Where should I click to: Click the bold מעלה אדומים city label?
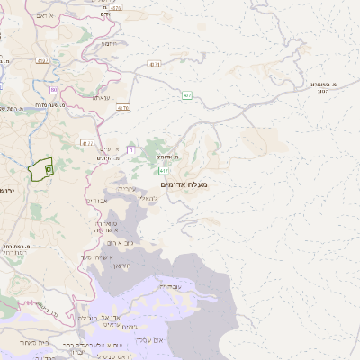pos(184,184)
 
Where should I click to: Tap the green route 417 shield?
pos(163,171)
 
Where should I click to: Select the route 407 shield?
pos(187,95)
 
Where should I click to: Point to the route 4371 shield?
pos(156,65)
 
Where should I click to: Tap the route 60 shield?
pos(54,91)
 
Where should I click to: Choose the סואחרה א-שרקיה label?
pos(107,226)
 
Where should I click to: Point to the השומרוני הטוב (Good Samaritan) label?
pos(321,86)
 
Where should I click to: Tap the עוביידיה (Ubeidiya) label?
pos(169,285)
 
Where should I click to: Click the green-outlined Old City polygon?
pos(40,170)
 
